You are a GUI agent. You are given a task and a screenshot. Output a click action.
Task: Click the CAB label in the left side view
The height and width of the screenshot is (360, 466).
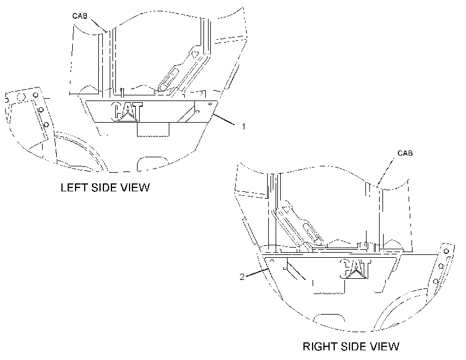80,16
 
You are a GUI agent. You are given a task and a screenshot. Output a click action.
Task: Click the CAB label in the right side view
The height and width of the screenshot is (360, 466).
405,153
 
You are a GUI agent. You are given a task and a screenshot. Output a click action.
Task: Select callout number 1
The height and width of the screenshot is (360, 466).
243,127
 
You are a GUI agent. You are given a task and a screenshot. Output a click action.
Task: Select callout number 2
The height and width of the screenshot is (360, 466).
242,277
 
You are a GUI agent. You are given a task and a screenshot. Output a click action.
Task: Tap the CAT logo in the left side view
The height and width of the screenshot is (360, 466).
127,112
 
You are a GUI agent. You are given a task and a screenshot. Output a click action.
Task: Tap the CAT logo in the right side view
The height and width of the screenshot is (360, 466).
355,269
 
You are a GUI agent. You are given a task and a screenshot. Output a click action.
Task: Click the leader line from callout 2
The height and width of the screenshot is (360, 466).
257,273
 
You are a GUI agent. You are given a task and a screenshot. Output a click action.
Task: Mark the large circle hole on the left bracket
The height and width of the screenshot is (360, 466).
22,97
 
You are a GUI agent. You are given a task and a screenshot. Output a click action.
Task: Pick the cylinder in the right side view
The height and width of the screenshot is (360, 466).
313,232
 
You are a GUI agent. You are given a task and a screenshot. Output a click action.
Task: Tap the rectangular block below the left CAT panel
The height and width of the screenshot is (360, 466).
153,129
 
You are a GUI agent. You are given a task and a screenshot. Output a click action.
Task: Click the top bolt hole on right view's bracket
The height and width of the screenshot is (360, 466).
446,252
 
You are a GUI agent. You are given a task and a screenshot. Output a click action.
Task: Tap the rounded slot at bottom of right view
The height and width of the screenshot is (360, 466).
330,318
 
